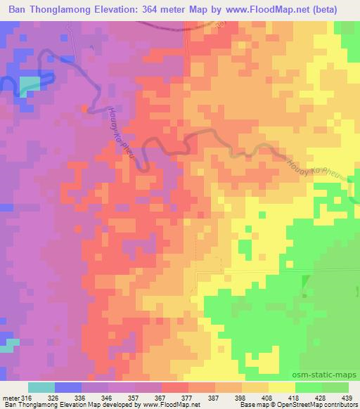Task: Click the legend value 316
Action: coord(27,397)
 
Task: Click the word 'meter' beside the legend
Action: coord(11,397)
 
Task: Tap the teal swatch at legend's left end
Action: coord(41,387)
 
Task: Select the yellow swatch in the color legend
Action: coord(281,387)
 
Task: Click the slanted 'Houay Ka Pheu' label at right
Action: coord(316,169)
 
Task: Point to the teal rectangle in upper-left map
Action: coord(30,86)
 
